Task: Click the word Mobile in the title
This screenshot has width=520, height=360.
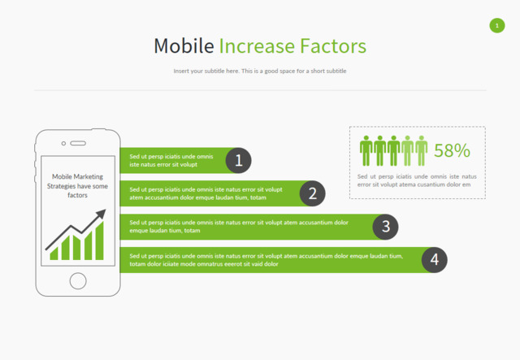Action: coord(184,46)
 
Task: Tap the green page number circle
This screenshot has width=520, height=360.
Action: coord(496,25)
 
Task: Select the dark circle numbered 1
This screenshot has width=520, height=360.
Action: coord(238,161)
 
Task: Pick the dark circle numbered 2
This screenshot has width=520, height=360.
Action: coord(312,193)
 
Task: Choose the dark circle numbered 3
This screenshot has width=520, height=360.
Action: coord(385,227)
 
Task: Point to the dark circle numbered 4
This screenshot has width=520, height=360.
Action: coord(435,260)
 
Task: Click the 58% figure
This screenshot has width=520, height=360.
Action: coord(452,150)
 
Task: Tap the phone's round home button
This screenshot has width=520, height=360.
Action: coord(78,280)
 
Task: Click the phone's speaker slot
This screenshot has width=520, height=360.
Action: coord(78,143)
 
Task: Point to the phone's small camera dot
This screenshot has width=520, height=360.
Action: coord(63,143)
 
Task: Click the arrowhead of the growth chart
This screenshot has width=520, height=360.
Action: coord(102,214)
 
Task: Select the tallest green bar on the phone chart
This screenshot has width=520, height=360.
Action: coord(99,241)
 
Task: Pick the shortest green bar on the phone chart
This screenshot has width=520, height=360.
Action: coord(54,254)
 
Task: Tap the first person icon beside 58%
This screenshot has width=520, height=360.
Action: coord(366,150)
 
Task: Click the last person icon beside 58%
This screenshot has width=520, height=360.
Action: coord(421,150)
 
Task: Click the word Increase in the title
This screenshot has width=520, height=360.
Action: coord(257,46)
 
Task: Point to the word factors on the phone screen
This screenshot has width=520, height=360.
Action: coord(78,195)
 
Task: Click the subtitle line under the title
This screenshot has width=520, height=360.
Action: coord(260,71)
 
